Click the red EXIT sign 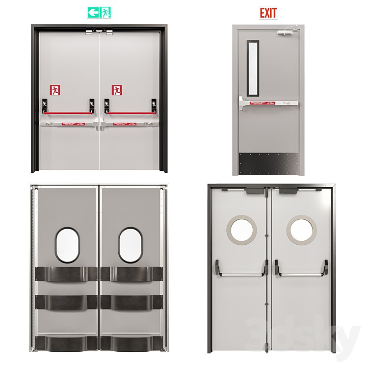point(268,13)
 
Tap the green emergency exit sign point(99,12)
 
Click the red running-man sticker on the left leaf point(55,90)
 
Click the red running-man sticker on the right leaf point(117,90)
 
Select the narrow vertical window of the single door point(252,67)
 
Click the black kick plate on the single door point(268,163)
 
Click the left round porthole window point(240,230)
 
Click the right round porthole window point(302,230)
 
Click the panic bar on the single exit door point(268,103)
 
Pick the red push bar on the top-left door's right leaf point(131,112)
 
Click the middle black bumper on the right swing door point(131,301)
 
